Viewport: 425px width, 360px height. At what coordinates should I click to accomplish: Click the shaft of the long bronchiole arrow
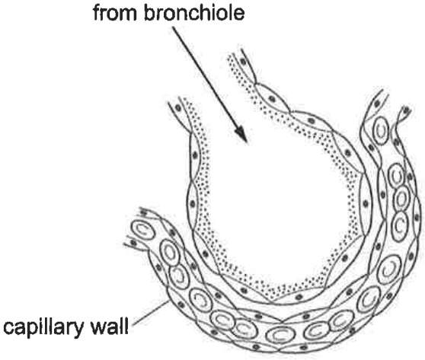[x=210, y=84]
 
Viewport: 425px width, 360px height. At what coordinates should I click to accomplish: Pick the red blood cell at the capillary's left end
[x=143, y=231]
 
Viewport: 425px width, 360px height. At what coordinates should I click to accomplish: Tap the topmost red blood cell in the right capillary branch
[x=381, y=131]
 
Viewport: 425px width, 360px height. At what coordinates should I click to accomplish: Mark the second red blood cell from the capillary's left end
[x=169, y=253]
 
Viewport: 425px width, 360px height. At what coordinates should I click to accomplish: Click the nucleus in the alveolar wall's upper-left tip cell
[x=178, y=108]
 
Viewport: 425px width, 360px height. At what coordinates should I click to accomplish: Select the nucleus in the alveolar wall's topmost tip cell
[x=243, y=62]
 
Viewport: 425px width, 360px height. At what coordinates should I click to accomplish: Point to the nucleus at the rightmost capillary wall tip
[x=406, y=111]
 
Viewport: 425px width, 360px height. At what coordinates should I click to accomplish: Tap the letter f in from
[x=97, y=12]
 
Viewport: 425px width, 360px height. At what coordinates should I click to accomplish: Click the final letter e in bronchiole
[x=239, y=15]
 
